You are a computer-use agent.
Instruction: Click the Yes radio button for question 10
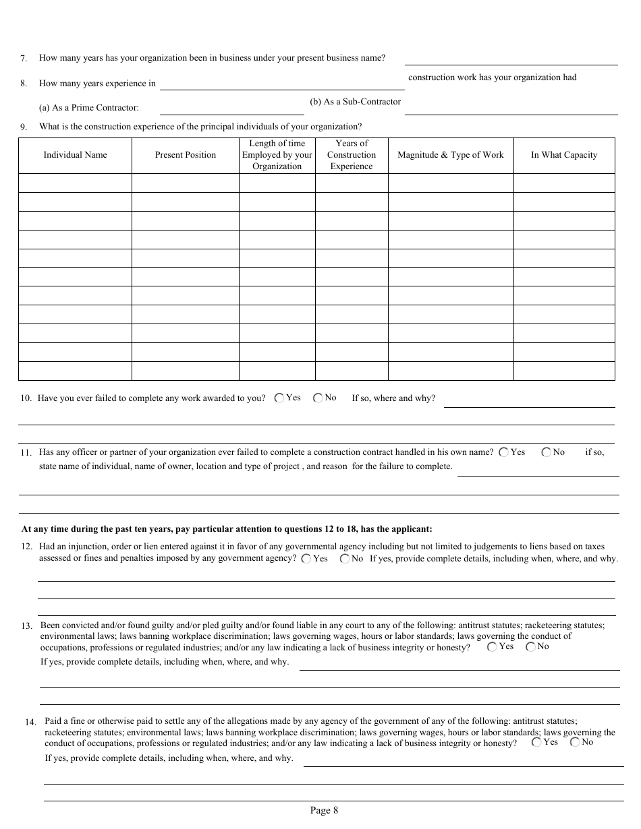coord(279,398)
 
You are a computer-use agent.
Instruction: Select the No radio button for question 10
coord(318,398)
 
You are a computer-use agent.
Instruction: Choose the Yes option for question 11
coord(504,453)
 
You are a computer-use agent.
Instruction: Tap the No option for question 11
coord(546,453)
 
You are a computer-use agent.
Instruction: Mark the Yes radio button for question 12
coord(306,559)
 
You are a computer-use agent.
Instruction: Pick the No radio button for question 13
coord(531,647)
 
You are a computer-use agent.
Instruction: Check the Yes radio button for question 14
coord(536,743)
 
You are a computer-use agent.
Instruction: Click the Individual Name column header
coord(75,155)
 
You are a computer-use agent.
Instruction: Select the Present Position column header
coord(186,155)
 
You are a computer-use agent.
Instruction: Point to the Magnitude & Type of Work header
coord(450,155)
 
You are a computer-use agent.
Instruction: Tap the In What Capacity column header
coord(564,155)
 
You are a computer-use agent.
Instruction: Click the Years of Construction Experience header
coord(352,155)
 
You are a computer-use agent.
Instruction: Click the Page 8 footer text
coord(324,811)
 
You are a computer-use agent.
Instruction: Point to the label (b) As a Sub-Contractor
coord(355,102)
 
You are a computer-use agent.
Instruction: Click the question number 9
coord(24,127)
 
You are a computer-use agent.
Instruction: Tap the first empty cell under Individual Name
coord(75,183)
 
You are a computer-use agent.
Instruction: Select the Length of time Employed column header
coord(277,155)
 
